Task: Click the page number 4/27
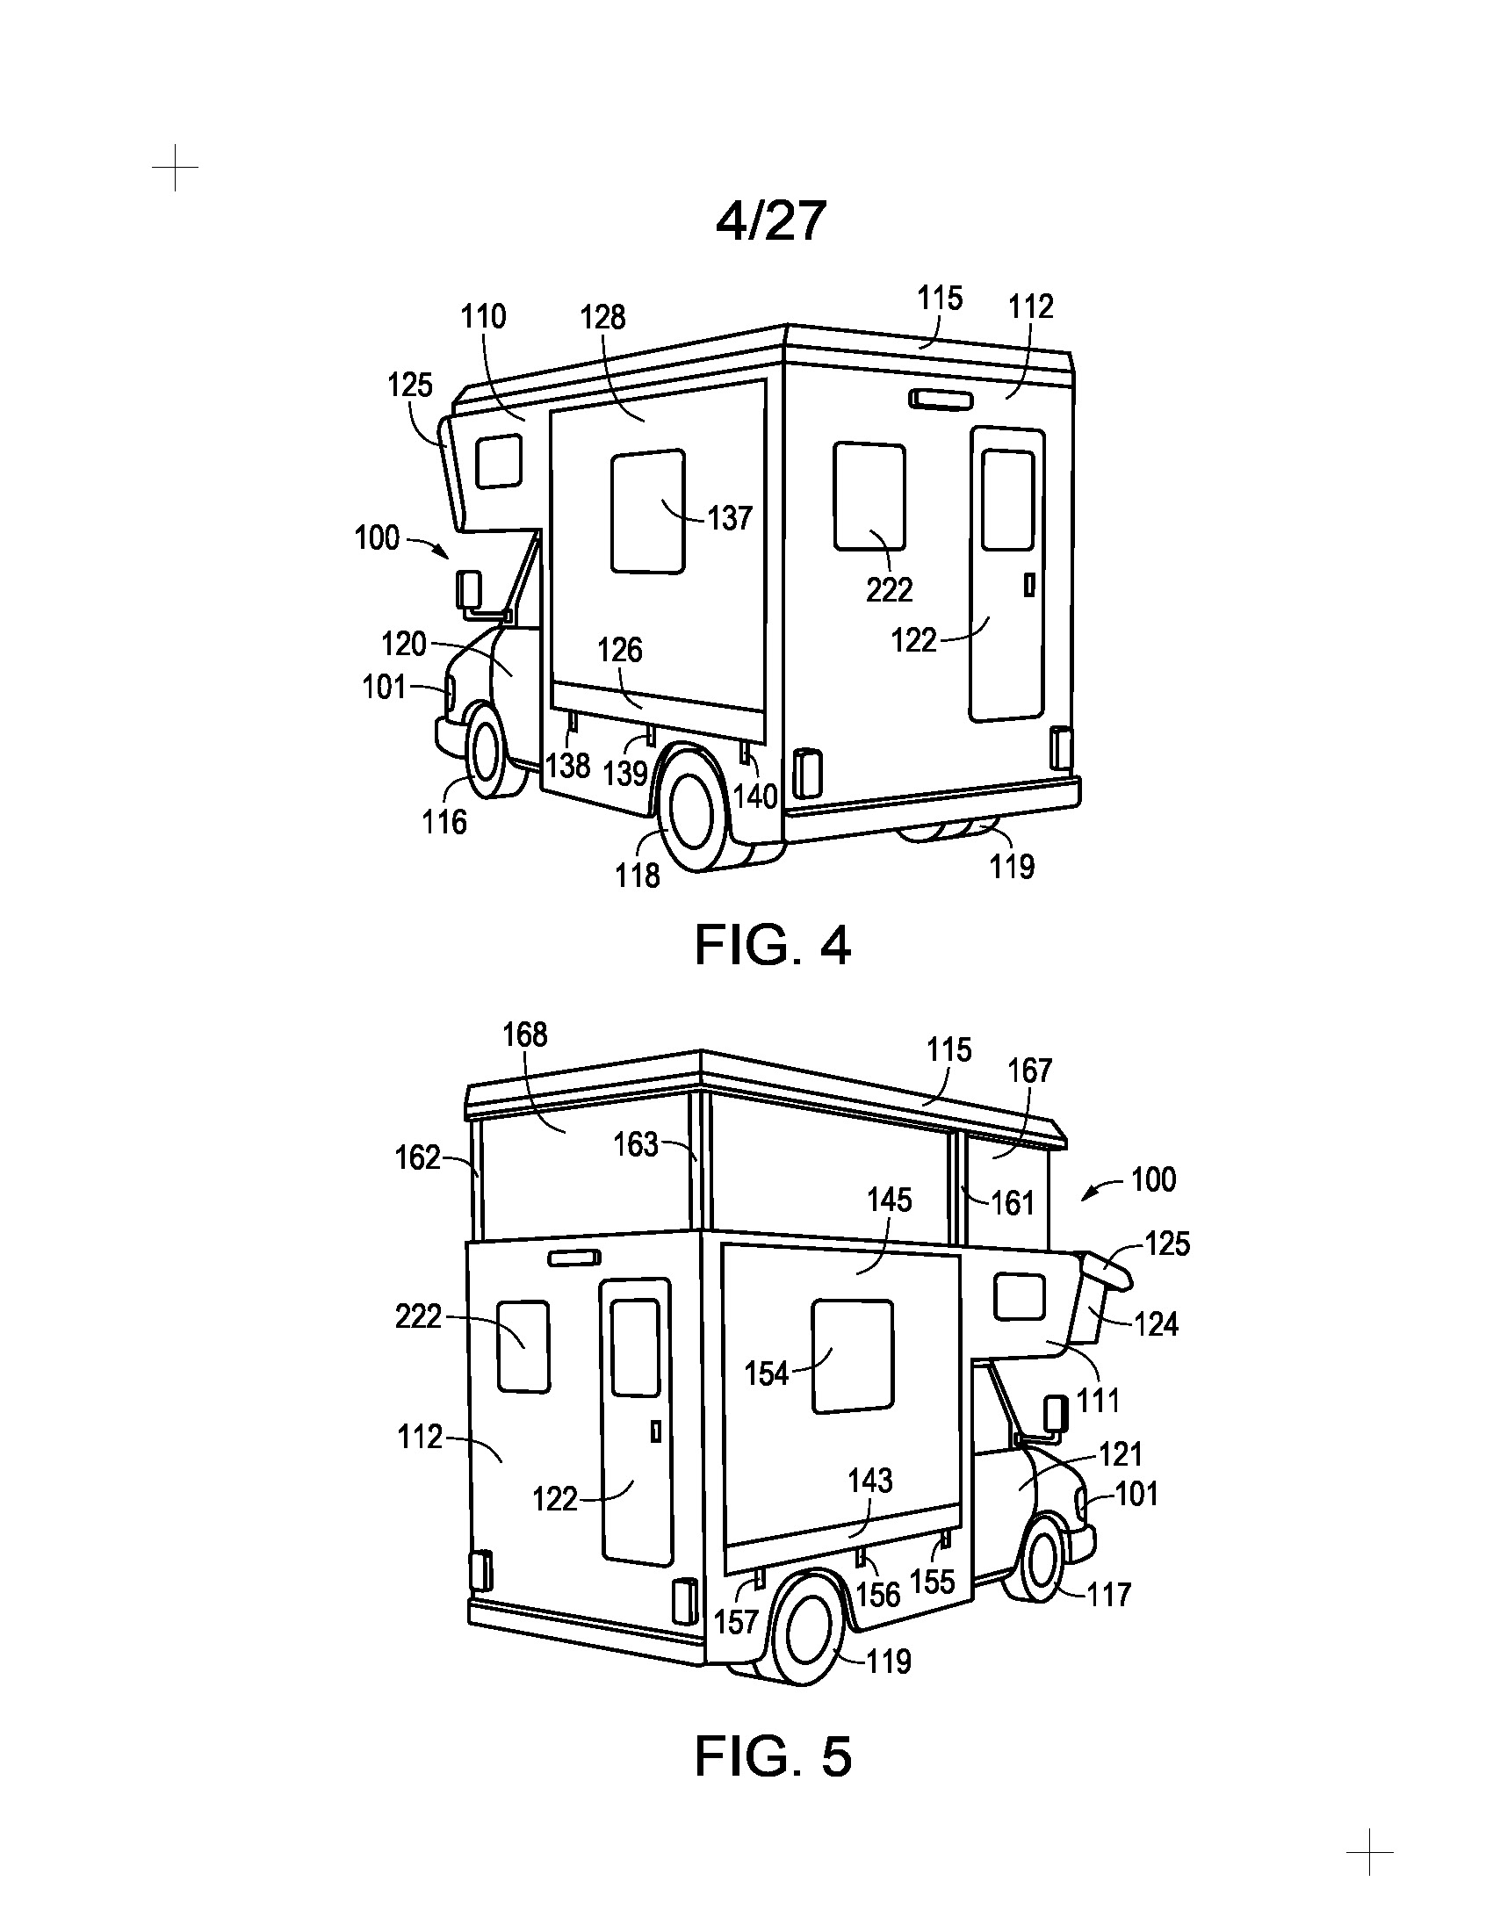770,220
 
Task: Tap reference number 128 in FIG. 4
603,317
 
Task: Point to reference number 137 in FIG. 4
730,517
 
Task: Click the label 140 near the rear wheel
755,797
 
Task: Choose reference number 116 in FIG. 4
444,822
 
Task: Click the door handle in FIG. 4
1028,585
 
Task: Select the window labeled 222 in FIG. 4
869,496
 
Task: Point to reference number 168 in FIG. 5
525,1034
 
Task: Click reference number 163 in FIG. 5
636,1144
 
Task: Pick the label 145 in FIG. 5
889,1200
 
